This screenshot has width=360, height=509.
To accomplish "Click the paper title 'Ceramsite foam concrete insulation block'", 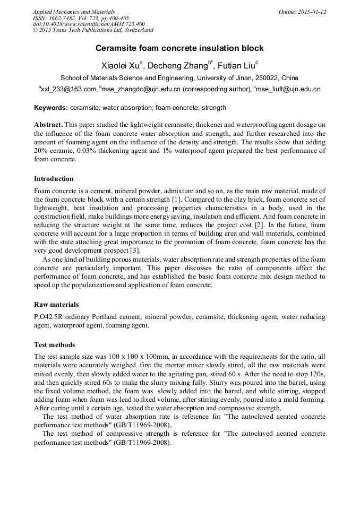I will [179, 48].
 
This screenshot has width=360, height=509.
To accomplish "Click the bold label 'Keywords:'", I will [50, 107].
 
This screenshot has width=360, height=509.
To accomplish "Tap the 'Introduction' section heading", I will [54, 179].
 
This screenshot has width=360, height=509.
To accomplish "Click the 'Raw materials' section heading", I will [56, 305].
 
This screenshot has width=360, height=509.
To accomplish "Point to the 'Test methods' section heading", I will [54, 345].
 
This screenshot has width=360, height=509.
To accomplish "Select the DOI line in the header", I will [89, 24].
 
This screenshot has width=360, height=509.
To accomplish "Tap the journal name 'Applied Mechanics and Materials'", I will [73, 12].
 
